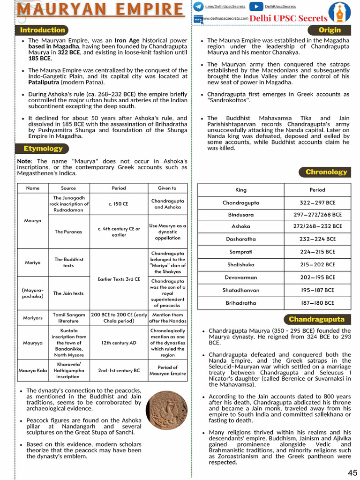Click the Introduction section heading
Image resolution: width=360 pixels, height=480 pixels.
click(42, 30)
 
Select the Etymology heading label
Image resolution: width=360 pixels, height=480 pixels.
click(43, 149)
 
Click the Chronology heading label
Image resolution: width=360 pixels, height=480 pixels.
click(326, 172)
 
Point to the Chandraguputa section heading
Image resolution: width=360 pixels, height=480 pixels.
click(316, 319)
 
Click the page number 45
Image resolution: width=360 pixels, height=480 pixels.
click(352, 472)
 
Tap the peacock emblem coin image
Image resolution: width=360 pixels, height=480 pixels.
click(166, 411)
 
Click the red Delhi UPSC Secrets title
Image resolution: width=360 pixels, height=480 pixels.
click(288, 18)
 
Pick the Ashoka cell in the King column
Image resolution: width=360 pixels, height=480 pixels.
click(241, 226)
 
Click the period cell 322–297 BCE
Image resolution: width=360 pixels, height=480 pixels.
click(317, 203)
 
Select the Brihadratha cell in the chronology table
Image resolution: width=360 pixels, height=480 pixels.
click(241, 303)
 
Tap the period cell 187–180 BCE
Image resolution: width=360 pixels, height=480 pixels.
click(317, 303)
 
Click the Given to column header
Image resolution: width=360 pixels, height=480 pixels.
click(167, 188)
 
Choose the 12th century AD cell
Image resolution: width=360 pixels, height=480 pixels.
click(119, 343)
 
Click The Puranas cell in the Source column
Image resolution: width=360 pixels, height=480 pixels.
click(68, 232)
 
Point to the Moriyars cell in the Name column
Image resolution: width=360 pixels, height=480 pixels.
click(33, 318)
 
